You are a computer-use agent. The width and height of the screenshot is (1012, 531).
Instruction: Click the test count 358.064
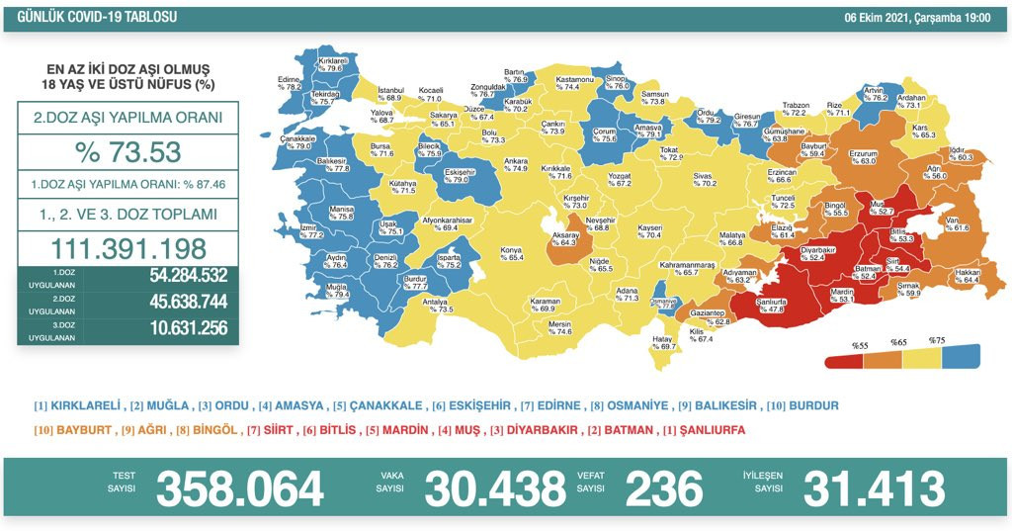240,487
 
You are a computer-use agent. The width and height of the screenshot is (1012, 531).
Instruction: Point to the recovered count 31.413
874,487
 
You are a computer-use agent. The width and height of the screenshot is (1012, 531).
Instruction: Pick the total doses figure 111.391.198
128,248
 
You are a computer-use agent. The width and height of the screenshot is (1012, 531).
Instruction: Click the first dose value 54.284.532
173,277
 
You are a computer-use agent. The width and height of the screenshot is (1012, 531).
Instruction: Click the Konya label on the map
511,252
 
